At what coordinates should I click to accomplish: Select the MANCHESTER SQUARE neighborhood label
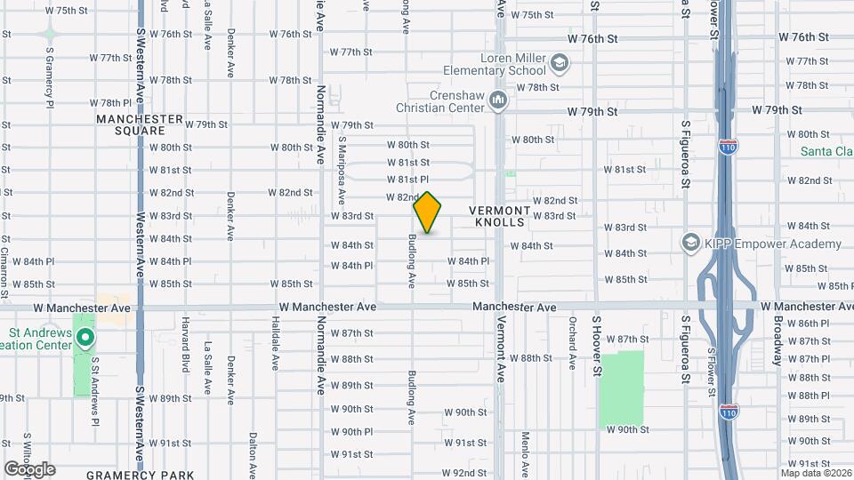(x=140, y=124)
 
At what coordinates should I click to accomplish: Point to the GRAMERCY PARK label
(x=129, y=476)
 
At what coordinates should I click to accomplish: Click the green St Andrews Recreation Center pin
(x=85, y=337)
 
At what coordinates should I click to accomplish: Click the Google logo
(x=29, y=469)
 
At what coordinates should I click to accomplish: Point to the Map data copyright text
(x=811, y=472)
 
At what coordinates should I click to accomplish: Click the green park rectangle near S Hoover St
(x=621, y=388)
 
